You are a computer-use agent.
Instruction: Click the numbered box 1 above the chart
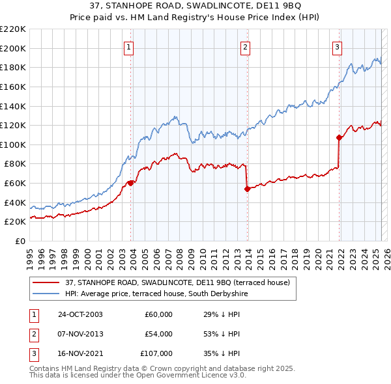(129, 47)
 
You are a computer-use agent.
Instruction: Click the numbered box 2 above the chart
(245, 47)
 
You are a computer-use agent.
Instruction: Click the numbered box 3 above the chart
(337, 47)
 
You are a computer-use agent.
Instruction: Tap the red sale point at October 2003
(130, 183)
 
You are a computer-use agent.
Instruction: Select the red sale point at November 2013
(247, 189)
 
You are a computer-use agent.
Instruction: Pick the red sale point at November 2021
(339, 137)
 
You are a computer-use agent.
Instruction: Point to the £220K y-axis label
(13, 29)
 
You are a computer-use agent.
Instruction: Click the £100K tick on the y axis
(13, 144)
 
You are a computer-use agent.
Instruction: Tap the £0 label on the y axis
(21, 241)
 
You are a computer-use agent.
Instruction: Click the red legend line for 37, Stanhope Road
(46, 282)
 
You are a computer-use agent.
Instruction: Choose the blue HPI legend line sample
(46, 294)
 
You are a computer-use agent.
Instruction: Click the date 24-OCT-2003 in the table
(81, 314)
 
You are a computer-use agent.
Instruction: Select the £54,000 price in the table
(158, 334)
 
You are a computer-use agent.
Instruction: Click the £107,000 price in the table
(156, 353)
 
